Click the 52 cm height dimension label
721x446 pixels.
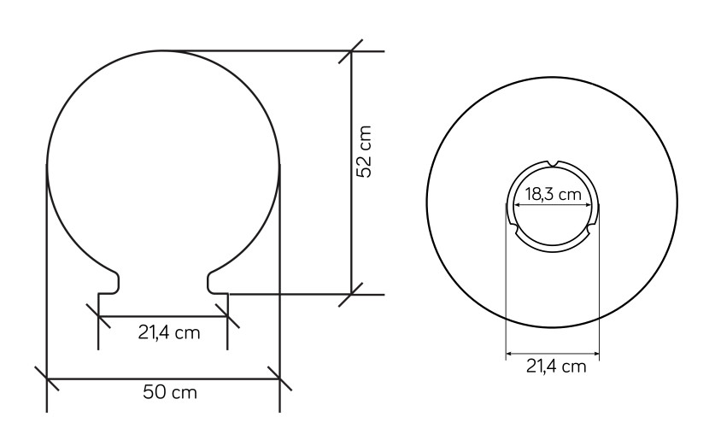(364, 151)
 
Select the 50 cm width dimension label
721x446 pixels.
(170, 393)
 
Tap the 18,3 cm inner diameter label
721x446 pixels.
(554, 195)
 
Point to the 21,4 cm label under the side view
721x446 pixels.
(169, 332)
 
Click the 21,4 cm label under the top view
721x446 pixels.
(556, 367)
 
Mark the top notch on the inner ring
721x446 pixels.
(553, 163)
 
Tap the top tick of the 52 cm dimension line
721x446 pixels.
(351, 51)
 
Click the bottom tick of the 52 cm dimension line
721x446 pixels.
(351, 294)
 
